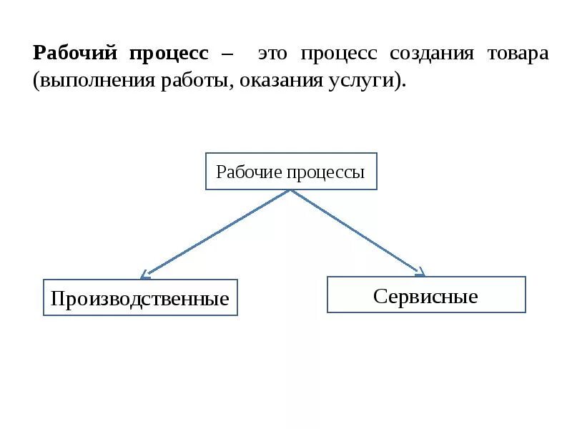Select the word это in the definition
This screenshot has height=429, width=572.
(272, 54)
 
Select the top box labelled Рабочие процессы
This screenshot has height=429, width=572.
(291, 171)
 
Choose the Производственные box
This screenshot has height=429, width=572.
(140, 297)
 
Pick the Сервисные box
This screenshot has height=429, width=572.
(426, 295)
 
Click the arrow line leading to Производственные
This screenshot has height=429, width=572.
(214, 232)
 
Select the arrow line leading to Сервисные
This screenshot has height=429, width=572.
(357, 232)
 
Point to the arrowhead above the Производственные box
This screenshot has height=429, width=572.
(144, 274)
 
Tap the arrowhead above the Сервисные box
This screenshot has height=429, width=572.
(421, 272)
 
